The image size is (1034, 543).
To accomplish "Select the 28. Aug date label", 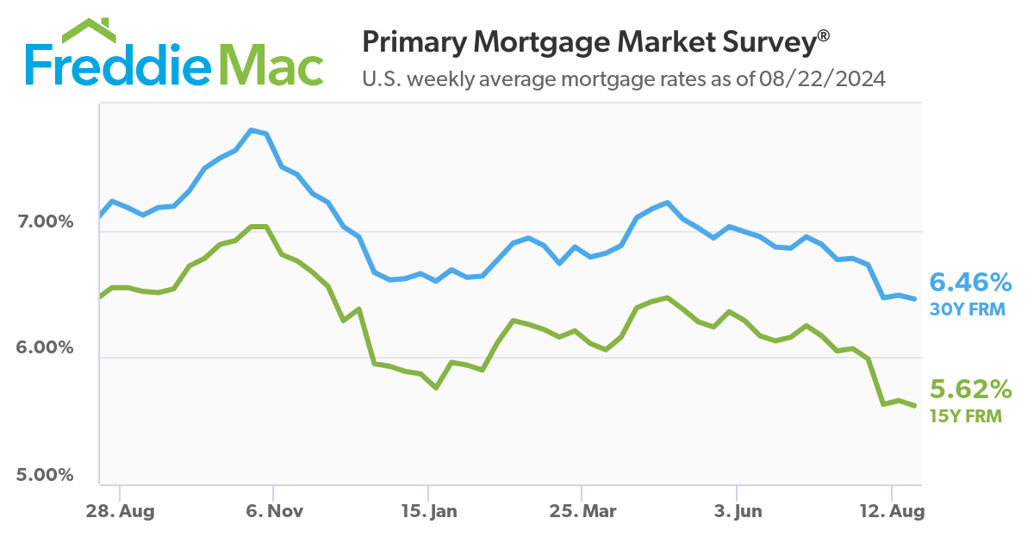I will [120, 511].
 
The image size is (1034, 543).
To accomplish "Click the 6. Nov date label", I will [274, 511].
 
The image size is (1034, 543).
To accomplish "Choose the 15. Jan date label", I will [428, 511].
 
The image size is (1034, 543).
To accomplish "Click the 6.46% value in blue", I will [970, 283].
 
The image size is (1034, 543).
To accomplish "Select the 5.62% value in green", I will [970, 390].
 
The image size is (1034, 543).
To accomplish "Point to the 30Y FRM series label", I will [968, 309].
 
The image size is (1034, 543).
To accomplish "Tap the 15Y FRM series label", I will [966, 416].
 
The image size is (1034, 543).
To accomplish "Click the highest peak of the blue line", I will [251, 130].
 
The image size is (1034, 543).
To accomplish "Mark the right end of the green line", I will [914, 405].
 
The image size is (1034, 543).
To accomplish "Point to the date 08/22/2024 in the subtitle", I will [823, 79].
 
